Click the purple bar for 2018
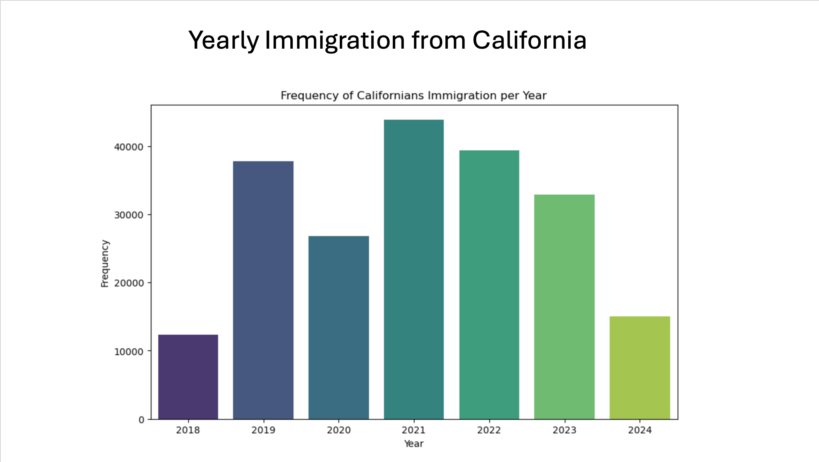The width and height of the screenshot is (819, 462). point(188,377)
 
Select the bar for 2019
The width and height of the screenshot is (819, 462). point(263,290)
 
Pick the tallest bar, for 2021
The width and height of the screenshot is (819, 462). point(413,269)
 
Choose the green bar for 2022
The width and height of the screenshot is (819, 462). point(489,284)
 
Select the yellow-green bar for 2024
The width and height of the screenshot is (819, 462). point(640,367)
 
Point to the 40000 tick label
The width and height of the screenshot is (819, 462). point(128,147)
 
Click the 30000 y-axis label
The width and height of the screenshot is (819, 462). point(128,215)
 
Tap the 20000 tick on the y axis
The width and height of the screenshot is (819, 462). point(128,283)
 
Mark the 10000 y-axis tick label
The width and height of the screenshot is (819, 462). point(128,352)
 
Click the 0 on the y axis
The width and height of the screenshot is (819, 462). point(142,420)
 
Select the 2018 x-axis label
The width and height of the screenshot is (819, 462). point(188,430)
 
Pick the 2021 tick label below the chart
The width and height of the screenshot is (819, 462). point(413,430)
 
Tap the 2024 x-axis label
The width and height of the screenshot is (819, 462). point(640,430)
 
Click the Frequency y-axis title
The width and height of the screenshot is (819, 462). point(105,263)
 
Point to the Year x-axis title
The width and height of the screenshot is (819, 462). point(413,444)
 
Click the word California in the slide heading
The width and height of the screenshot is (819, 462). point(529,40)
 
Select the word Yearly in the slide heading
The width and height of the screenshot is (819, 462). point(224,40)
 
